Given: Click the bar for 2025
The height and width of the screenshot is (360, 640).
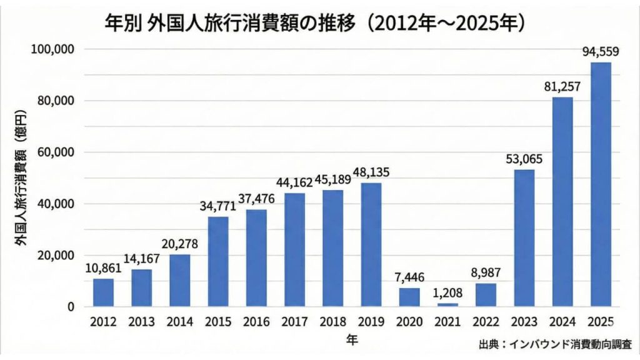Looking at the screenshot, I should point(601,184).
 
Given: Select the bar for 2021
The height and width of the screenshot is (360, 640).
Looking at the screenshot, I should point(447,304).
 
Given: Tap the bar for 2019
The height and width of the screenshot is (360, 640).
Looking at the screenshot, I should point(371,244).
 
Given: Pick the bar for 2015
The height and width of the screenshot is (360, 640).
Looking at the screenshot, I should point(218,262).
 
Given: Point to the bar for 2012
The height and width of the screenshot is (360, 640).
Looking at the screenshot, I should point(103,292).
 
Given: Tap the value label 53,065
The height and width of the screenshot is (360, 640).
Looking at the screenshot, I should point(524,159).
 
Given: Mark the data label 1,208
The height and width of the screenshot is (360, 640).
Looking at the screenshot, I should point(447,293).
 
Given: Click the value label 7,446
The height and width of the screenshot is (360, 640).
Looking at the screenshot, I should point(409,277).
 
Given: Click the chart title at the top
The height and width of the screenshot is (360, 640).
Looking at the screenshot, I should point(320,23).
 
